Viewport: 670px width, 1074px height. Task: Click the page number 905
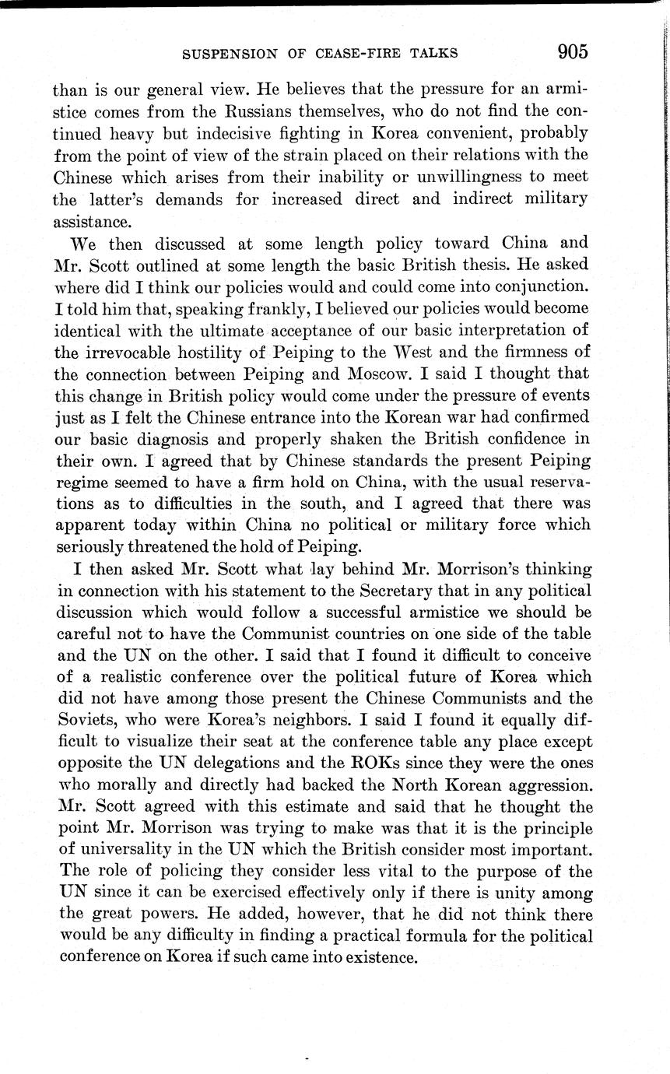tap(572, 52)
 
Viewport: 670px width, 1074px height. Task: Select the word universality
tap(128, 850)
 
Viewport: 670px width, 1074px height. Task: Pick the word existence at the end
tap(379, 958)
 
